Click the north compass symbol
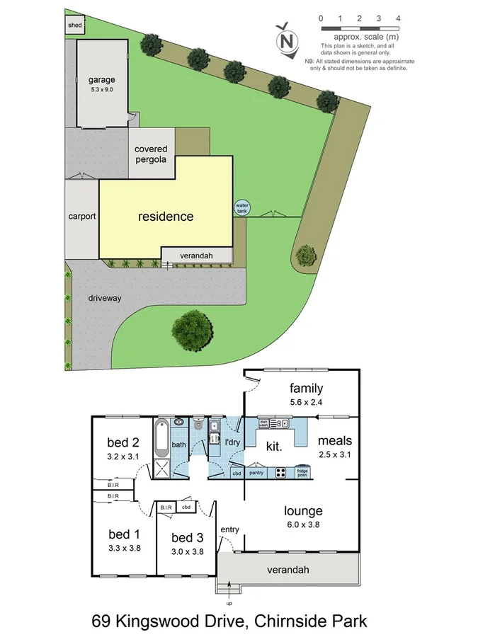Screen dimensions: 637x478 point(286,39)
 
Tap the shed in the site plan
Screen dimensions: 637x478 point(74,26)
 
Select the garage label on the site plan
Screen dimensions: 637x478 point(102,80)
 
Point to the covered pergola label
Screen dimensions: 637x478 point(151,154)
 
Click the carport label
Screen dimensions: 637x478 point(82,217)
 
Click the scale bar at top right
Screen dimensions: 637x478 point(359,28)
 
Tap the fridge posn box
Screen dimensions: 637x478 point(302,472)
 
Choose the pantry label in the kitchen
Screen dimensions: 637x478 point(256,472)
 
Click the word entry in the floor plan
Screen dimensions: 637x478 point(229,529)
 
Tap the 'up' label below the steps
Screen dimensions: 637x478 point(229,604)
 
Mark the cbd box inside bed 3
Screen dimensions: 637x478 point(186,507)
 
